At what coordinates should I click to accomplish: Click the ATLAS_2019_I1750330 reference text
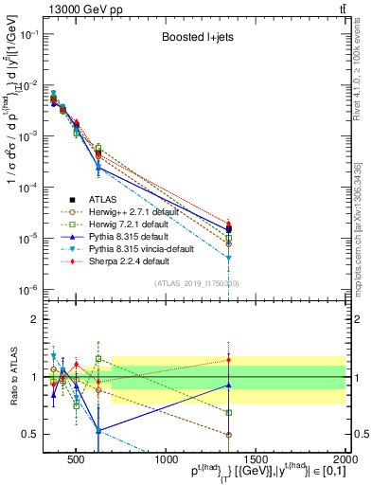pyautogui.click(x=195, y=283)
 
